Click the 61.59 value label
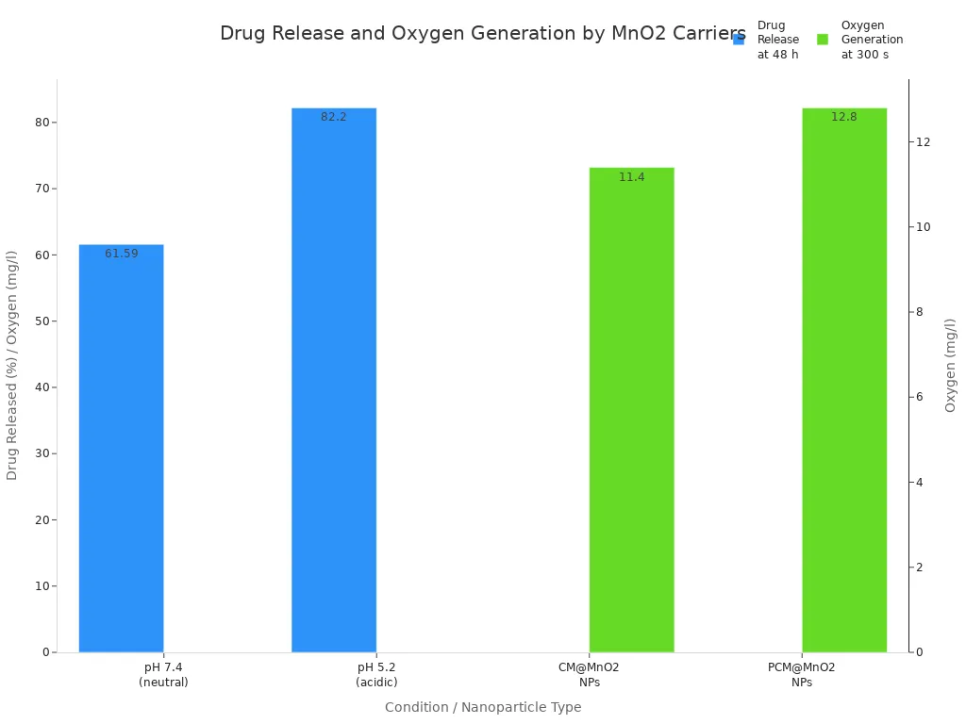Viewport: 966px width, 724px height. click(122, 254)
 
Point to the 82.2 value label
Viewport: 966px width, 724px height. click(334, 117)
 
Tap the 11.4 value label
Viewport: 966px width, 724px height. click(632, 177)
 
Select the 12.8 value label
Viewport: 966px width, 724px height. click(844, 117)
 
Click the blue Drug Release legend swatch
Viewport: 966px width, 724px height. click(739, 40)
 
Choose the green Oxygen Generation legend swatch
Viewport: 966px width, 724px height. click(823, 40)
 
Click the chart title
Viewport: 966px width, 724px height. click(483, 34)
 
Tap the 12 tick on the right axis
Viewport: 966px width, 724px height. click(923, 142)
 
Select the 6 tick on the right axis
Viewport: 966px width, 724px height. click(920, 397)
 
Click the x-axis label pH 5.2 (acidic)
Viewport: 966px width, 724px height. click(376, 674)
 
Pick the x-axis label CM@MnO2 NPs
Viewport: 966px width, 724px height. click(589, 674)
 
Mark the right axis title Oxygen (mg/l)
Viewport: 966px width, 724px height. click(951, 365)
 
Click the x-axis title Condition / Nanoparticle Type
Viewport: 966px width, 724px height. click(483, 707)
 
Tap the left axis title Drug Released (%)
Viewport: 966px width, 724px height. click(12, 365)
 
